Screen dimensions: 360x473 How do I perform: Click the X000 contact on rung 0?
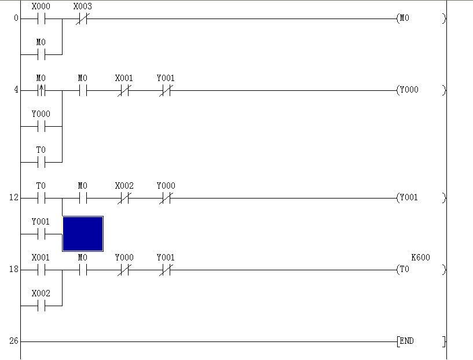coord(41,19)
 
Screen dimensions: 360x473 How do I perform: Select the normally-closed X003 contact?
coord(82,19)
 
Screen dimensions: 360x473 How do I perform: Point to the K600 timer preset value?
coord(420,258)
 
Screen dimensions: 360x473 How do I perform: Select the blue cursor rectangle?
coord(83,234)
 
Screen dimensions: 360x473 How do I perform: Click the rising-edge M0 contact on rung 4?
coord(41,90)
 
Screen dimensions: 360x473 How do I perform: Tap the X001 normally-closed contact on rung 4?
coord(124,90)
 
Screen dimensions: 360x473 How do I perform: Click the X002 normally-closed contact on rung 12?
coord(124,198)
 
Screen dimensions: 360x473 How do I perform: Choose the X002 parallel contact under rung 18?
coord(41,306)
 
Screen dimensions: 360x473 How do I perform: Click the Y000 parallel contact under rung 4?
coord(41,126)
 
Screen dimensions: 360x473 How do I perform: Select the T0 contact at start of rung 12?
coord(41,198)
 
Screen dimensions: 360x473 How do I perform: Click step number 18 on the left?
coord(14,270)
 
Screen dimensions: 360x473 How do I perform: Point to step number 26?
coord(14,341)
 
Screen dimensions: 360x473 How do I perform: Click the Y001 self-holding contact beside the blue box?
coord(41,234)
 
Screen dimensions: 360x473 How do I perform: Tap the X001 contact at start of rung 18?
coord(41,270)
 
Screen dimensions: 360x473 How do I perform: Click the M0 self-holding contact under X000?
coord(41,54)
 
